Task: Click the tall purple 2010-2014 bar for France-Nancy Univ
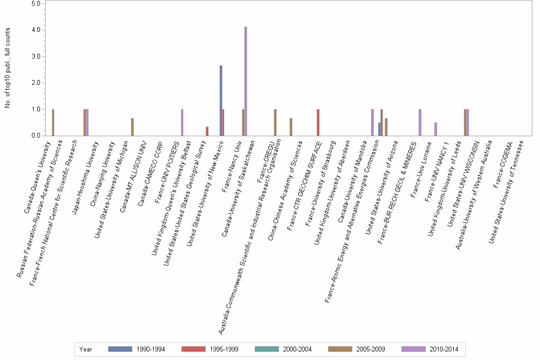(246, 81)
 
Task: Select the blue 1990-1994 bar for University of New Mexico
(221, 100)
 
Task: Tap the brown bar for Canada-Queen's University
(53, 122)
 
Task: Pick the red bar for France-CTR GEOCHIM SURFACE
(318, 122)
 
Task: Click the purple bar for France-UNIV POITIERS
(182, 122)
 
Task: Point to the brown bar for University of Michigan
(132, 127)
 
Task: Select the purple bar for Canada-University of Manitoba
(372, 122)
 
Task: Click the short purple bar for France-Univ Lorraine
(436, 129)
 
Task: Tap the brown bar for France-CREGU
(275, 122)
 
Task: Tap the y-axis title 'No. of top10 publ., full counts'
(8, 68)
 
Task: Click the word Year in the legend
(86, 349)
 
